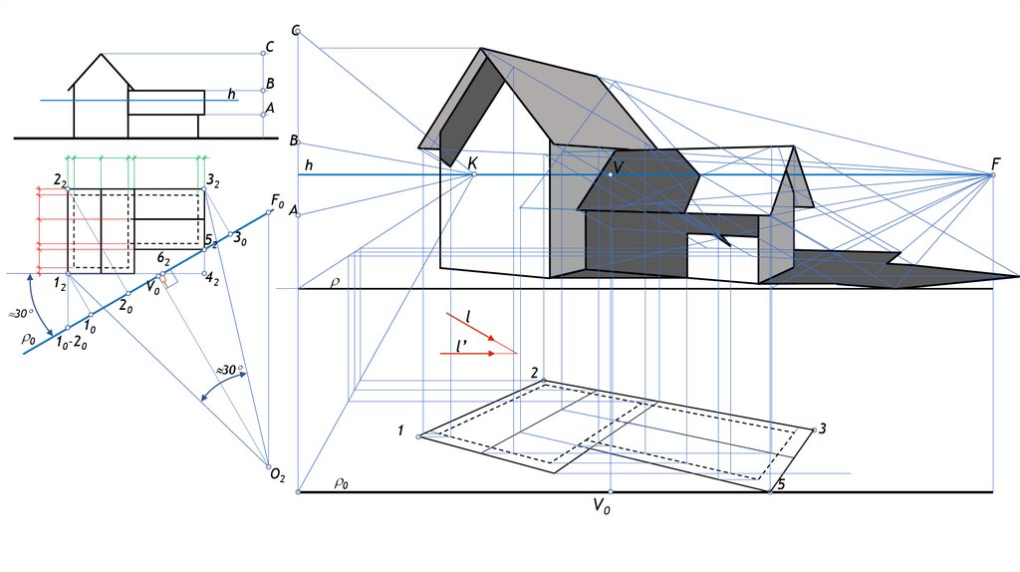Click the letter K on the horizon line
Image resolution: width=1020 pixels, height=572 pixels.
(472, 162)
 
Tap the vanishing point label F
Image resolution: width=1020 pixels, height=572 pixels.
(996, 163)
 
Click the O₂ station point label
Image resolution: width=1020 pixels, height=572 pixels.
(278, 477)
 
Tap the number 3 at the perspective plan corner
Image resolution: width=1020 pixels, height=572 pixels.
(822, 429)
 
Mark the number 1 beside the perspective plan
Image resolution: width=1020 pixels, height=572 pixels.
(400, 431)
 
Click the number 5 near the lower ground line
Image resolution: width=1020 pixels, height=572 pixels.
(781, 483)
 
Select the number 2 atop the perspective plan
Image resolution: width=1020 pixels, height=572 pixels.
(536, 374)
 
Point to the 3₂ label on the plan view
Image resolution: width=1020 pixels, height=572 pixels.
(213, 180)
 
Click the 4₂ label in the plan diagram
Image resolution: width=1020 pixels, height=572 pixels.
(212, 280)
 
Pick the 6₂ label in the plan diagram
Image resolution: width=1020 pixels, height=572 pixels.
(162, 259)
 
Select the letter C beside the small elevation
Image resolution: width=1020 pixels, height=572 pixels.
(269, 47)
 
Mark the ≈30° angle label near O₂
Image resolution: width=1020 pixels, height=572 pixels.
(231, 371)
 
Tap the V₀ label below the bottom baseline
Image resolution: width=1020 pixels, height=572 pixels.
(602, 506)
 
